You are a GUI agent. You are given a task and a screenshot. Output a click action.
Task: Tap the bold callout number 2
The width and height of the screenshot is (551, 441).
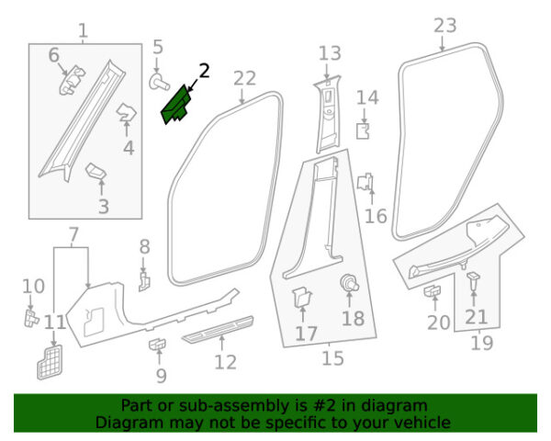(x=204, y=70)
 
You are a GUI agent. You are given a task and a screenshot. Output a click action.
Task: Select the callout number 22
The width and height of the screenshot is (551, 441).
(x=244, y=79)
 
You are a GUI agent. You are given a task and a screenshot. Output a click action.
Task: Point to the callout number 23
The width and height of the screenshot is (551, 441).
(x=444, y=25)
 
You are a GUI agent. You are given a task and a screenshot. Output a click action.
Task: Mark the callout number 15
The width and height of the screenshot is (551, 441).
(x=332, y=357)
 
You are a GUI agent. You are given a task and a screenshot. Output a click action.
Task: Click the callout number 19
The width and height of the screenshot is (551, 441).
(x=481, y=343)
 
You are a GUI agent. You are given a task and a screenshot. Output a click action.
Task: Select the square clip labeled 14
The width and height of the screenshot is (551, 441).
(x=363, y=130)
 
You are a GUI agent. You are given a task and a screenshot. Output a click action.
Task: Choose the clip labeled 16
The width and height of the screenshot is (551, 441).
(x=366, y=183)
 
